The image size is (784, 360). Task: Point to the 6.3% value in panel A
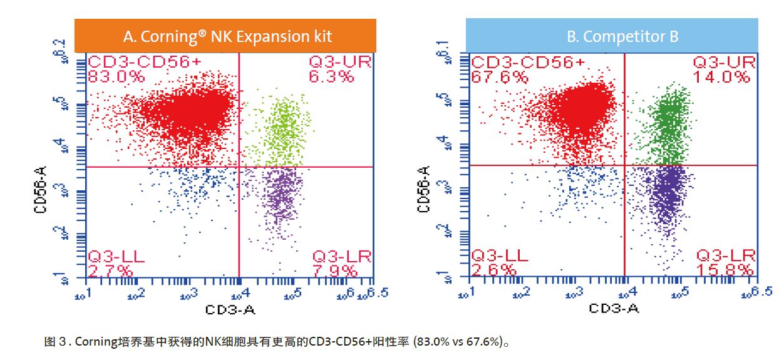[x=332, y=77]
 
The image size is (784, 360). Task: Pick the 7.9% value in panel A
[x=335, y=270]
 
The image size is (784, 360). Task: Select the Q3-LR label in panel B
[x=726, y=255]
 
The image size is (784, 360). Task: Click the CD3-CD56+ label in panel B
[x=528, y=63]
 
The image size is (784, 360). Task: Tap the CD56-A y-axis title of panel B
[x=425, y=189]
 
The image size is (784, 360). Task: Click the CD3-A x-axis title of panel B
[x=613, y=309]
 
